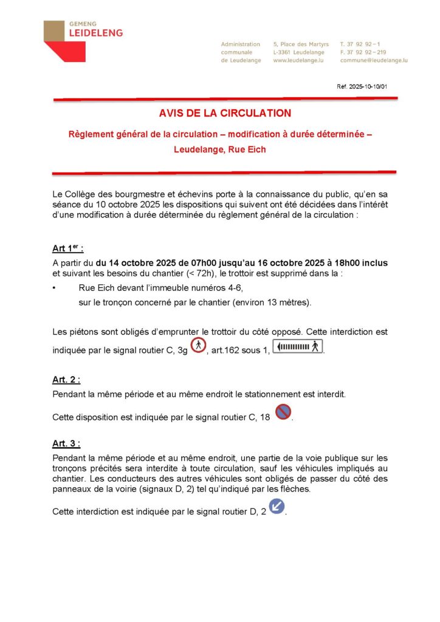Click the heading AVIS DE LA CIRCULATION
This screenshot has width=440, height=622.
tap(225, 113)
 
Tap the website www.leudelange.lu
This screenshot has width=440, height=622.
tap(297, 61)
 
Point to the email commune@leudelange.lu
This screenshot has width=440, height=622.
tap(374, 61)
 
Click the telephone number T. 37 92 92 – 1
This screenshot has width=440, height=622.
tap(361, 44)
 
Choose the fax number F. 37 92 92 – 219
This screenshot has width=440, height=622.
tap(363, 52)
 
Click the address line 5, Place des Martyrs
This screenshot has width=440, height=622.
tap(301, 44)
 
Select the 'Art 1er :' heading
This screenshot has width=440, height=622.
tap(68, 248)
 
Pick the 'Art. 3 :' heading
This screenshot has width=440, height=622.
tap(66, 442)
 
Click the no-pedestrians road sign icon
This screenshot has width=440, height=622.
tap(198, 346)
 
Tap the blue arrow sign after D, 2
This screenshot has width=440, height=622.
tap(277, 505)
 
